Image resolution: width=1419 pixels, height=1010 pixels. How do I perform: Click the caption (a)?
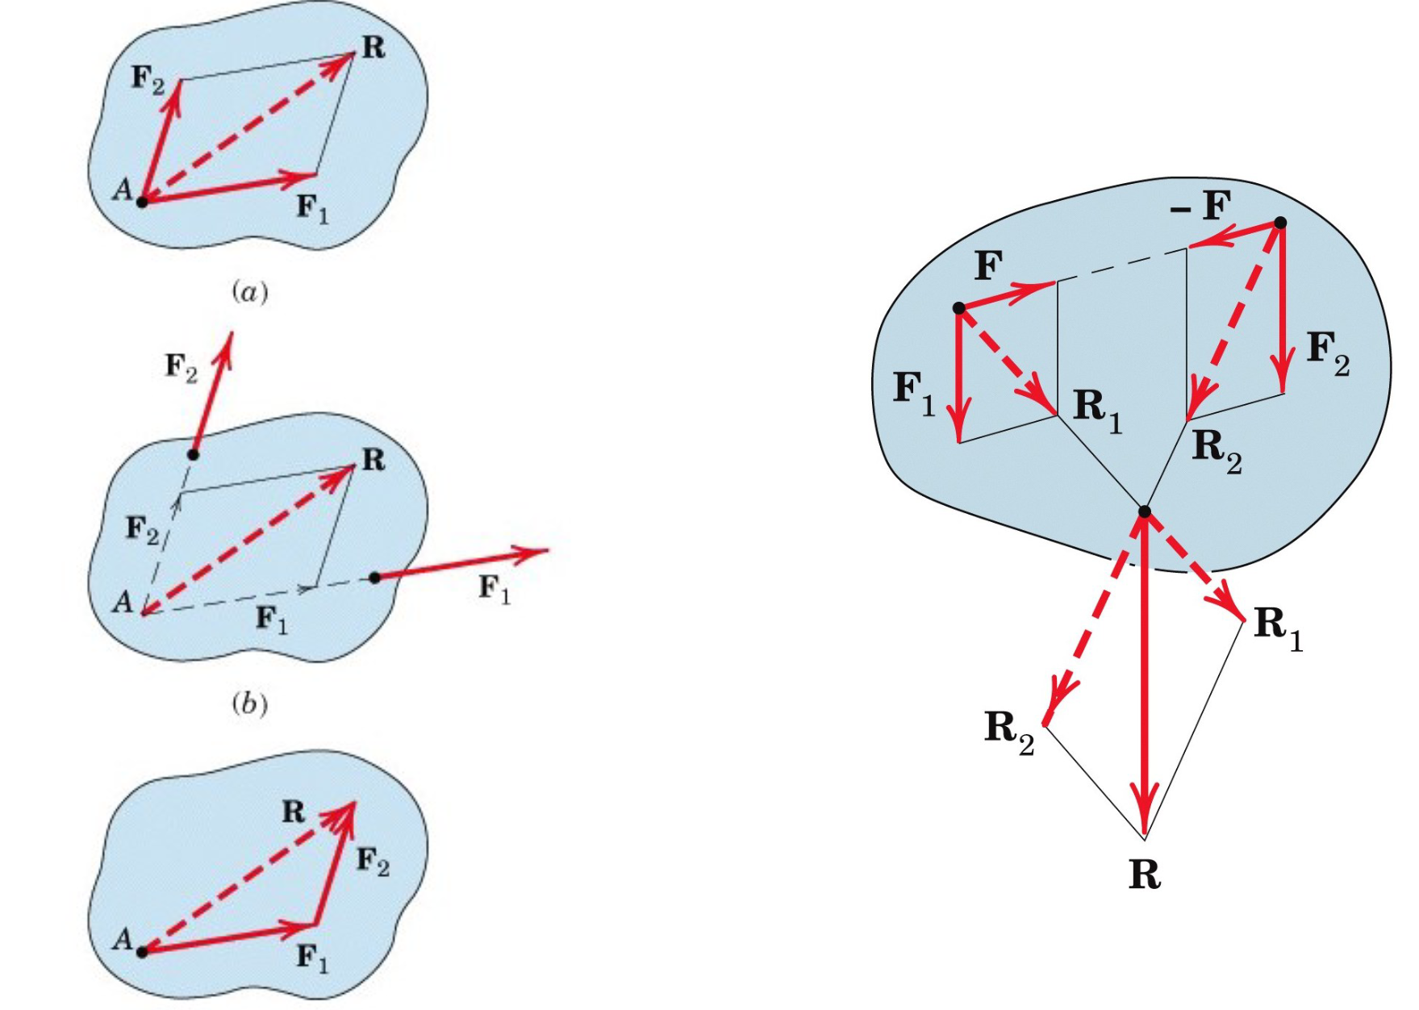(249, 291)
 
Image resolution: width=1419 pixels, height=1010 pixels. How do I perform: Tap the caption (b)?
(249, 704)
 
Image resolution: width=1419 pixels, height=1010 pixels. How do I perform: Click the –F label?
(1201, 207)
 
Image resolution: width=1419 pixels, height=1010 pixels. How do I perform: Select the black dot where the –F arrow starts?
(1280, 223)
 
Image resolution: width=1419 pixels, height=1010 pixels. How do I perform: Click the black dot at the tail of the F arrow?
(958, 308)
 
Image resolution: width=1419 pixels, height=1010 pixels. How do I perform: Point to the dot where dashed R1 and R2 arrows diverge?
(1144, 511)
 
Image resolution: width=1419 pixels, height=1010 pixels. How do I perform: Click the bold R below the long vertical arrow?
(1145, 874)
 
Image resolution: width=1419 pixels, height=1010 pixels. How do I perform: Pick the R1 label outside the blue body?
(1278, 628)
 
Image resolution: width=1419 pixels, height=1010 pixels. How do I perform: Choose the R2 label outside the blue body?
(1009, 731)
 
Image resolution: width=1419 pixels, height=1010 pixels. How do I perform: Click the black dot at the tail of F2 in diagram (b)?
(193, 455)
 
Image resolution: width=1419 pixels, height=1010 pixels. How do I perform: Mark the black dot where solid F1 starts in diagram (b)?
(374, 578)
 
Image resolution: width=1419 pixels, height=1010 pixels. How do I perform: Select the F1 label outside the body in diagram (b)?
(495, 590)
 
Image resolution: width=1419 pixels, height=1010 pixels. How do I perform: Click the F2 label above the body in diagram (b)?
(182, 368)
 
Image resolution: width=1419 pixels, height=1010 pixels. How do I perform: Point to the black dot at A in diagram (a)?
(142, 202)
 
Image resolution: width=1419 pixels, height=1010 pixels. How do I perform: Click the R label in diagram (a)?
(374, 48)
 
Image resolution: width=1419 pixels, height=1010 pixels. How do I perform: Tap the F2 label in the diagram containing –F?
(1327, 353)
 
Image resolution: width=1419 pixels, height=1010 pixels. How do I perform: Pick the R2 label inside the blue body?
(1217, 449)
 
